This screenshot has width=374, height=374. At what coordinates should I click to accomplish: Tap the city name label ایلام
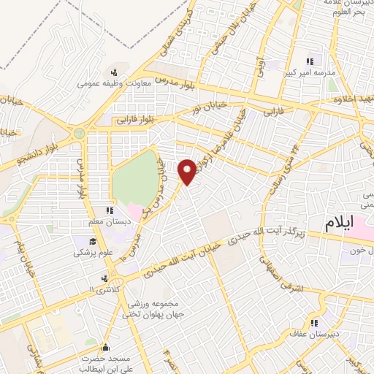point(342,221)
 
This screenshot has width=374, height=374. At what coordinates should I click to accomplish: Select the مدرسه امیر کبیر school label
point(309,73)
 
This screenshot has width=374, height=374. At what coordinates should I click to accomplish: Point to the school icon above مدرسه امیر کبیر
point(309,62)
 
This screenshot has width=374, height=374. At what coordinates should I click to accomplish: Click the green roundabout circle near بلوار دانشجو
point(78,134)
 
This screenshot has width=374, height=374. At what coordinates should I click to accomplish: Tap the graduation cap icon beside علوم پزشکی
point(93,242)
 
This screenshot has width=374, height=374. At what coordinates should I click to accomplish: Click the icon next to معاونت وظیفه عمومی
point(114,72)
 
